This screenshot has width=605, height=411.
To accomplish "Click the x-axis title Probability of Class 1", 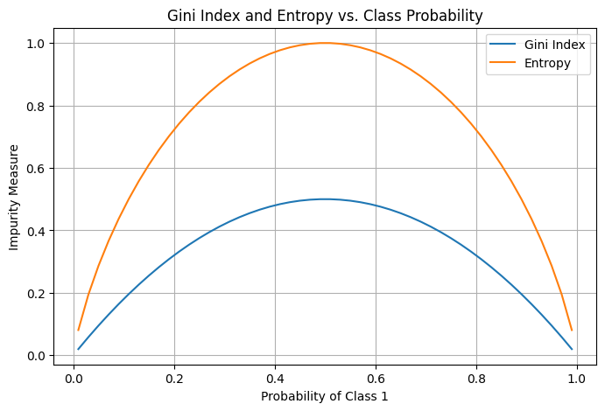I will point(324,396).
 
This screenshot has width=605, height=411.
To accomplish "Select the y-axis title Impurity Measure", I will point(14,199).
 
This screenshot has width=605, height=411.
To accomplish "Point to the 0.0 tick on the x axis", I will point(74,377).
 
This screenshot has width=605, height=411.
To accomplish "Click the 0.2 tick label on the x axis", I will point(175,377).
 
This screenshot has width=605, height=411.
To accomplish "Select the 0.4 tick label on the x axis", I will point(275,377).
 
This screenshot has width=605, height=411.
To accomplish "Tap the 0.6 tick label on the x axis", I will point(376,377).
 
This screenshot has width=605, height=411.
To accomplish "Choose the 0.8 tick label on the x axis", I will point(476,377).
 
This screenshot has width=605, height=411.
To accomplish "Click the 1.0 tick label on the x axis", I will point(576,377).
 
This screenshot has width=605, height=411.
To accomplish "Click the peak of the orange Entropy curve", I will point(325,43).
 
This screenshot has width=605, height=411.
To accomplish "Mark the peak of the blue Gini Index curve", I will point(325,199).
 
